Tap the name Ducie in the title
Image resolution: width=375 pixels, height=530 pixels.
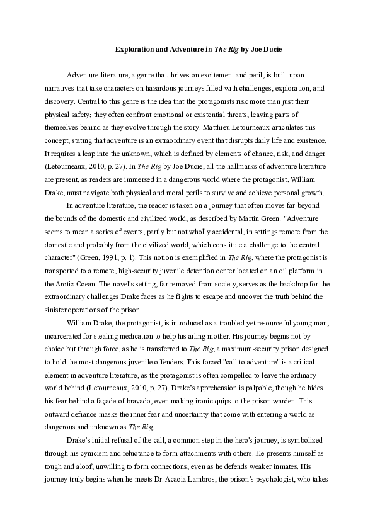(x=261, y=48)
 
